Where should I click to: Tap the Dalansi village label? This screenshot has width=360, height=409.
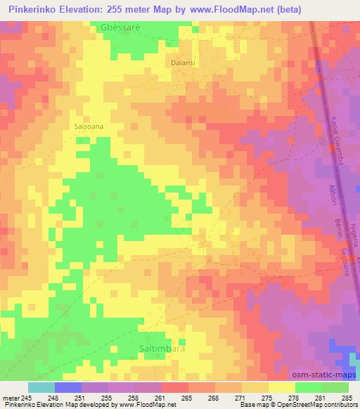coord(183,63)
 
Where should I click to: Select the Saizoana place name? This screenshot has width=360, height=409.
coord(89,126)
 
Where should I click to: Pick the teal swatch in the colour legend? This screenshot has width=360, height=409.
coord(41,387)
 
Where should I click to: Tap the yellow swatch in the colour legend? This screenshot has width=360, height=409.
coord(282,387)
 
